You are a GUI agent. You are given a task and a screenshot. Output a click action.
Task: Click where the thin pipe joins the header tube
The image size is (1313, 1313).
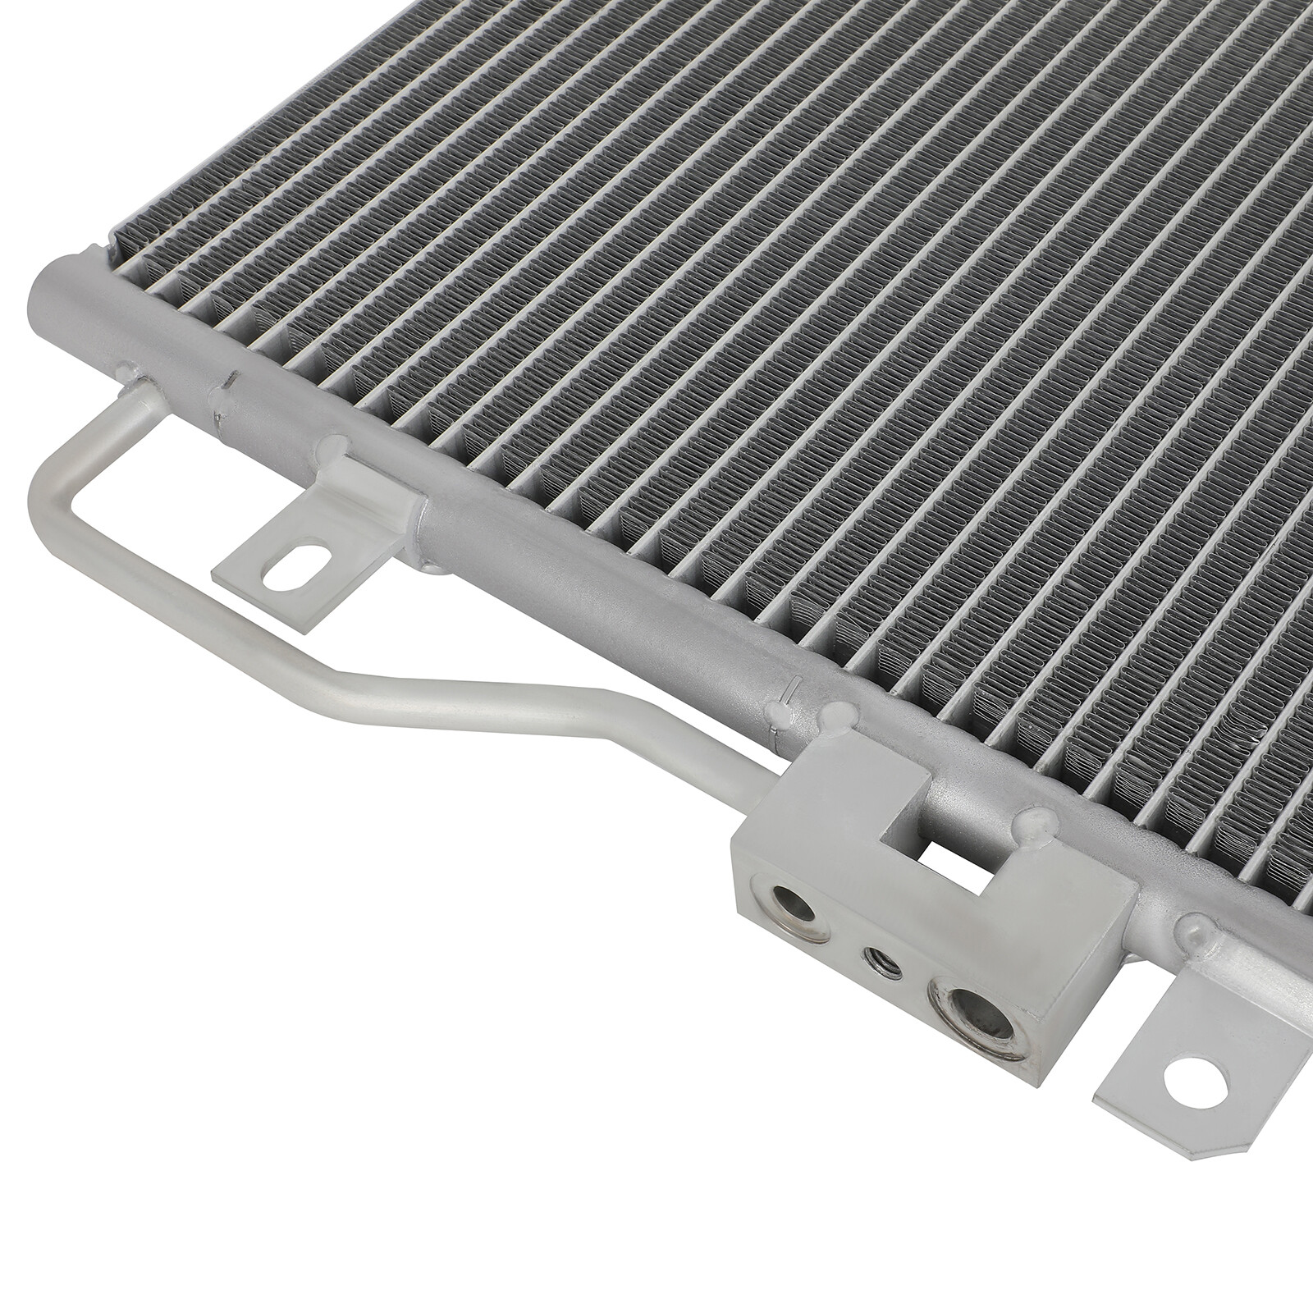[135, 386]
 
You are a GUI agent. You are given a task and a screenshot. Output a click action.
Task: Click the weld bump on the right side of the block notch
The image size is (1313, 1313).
[1036, 825]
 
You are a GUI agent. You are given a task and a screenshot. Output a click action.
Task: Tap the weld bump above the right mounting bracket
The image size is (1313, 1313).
[1195, 930]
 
